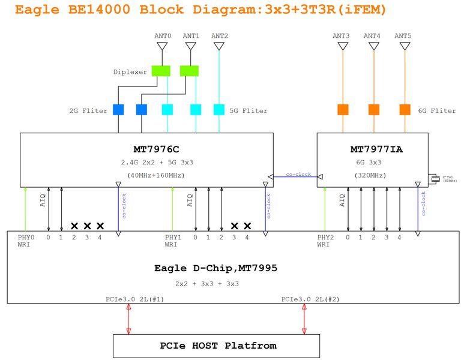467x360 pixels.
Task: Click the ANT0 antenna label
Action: tap(163, 36)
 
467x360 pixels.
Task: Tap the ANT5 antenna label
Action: tap(403, 36)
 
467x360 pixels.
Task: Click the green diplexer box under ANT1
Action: tap(189, 71)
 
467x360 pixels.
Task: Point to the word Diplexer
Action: tap(130, 72)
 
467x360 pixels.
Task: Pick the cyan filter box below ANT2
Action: tap(219, 110)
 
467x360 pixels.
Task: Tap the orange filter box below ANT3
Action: tap(343, 109)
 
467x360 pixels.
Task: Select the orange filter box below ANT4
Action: tap(373, 109)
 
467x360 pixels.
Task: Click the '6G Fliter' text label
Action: tap(436, 110)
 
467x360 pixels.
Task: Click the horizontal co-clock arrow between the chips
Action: tap(295, 176)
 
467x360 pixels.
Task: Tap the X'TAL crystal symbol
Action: tap(433, 178)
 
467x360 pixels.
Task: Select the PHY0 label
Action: tap(25, 238)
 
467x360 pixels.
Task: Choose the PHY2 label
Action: tap(325, 238)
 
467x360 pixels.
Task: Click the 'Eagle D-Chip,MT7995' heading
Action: tap(206, 268)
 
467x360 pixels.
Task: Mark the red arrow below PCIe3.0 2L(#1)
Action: tap(128, 316)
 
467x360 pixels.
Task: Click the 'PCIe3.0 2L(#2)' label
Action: tap(304, 299)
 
